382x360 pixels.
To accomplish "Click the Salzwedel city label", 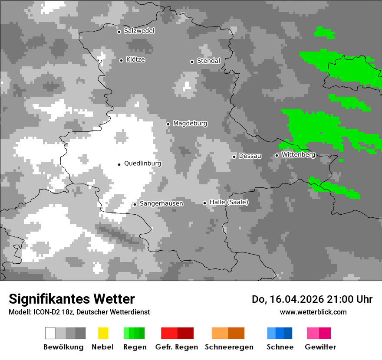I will point(139,31).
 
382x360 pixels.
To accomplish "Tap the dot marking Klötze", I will point(121,60).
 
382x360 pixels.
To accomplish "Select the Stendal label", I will point(208,61).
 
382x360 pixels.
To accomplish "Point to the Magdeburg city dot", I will point(168,124).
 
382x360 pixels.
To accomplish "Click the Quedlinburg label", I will point(142,164).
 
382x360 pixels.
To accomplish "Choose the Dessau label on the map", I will point(250,156).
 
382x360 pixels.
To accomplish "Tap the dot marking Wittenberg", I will point(277,155).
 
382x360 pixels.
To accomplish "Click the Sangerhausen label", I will point(161,203).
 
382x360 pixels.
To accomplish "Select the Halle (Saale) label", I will point(229,202).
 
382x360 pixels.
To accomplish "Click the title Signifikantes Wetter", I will point(72,299).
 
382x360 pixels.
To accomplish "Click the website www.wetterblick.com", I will point(313,312).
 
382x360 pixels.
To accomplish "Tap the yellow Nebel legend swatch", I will point(103,333).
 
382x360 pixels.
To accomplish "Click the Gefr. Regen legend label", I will point(177,347).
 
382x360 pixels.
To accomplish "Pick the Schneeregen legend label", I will point(229,347).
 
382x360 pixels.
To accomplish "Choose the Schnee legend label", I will point(280,347).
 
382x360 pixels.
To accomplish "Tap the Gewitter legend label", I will point(320,347).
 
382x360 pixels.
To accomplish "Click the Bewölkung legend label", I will point(63,347).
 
